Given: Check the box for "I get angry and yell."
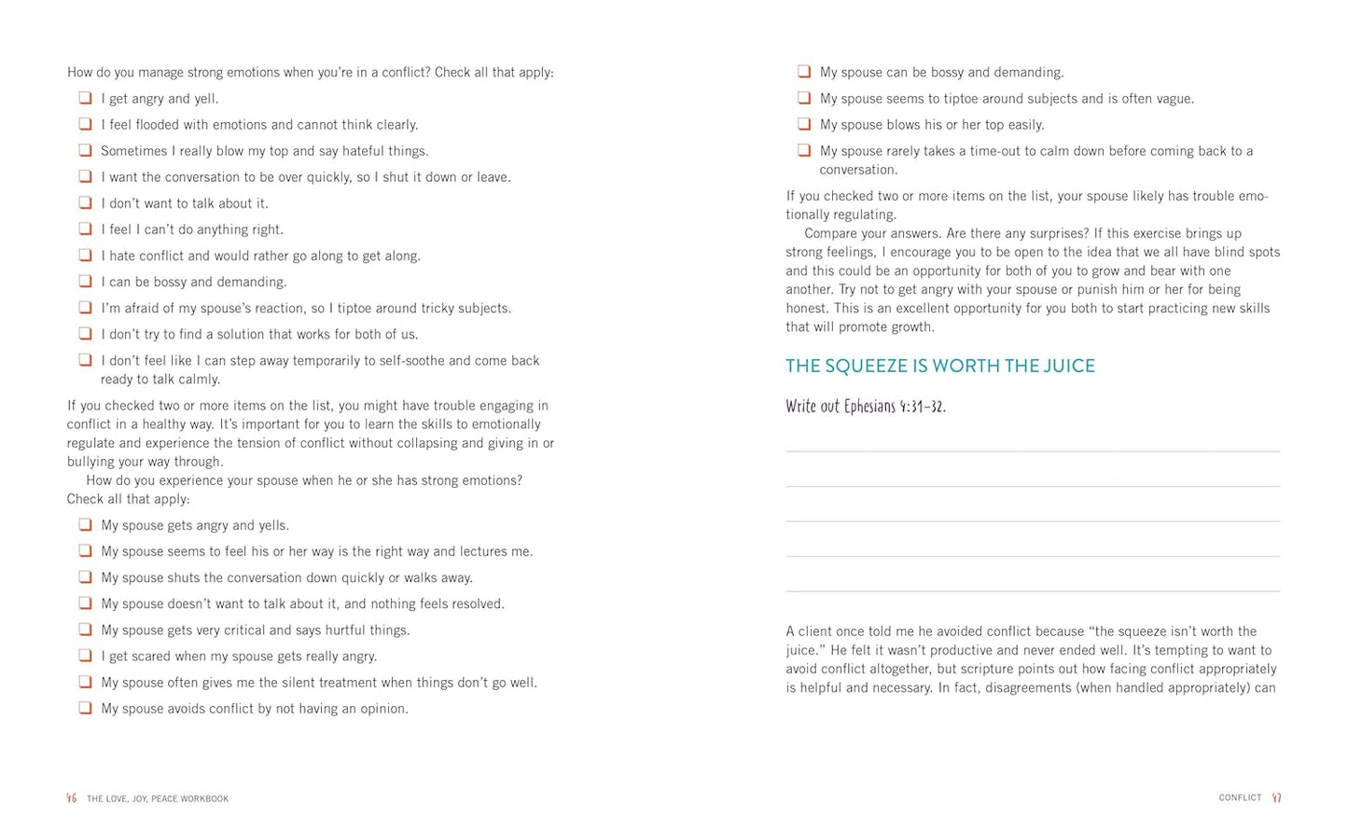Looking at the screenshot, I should (x=85, y=98).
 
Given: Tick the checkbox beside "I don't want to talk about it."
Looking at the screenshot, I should (x=85, y=202).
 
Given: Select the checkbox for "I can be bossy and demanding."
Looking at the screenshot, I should (x=85, y=281).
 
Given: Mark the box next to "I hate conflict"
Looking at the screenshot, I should (x=85, y=255).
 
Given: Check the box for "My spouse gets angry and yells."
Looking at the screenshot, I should (x=85, y=525).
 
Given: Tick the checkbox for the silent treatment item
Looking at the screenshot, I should (x=85, y=682).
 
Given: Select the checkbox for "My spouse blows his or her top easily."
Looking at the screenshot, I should (x=804, y=124).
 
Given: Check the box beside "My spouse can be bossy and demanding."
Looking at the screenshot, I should (x=804, y=72).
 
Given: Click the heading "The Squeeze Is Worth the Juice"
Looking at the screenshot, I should (x=939, y=366).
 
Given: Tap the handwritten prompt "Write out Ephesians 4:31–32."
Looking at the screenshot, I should (x=865, y=406).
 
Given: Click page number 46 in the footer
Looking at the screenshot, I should (x=72, y=798).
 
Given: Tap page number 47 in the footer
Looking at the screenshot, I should (x=1277, y=798).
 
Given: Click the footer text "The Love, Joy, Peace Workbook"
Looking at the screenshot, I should (x=158, y=799).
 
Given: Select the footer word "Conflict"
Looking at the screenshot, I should (x=1240, y=798).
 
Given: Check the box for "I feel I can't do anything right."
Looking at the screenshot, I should (x=85, y=229).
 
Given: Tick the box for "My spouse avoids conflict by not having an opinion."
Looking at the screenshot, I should (x=85, y=708).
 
